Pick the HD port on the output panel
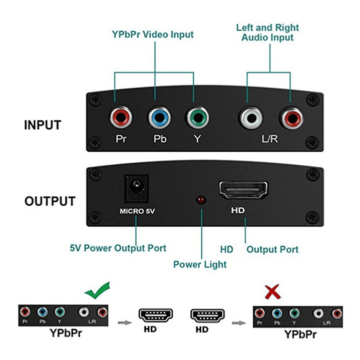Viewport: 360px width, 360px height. pos(243,191)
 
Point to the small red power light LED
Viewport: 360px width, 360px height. pos(201,200)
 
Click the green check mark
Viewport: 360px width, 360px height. pos(97,289)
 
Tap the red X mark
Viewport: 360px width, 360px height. pos(272,291)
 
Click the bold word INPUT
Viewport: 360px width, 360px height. pos(43,125)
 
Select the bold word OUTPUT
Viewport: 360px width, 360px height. pos(50,201)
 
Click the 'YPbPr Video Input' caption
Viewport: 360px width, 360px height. pos(152,35)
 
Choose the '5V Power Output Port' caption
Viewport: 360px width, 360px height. pos(118,248)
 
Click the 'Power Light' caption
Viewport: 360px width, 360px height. pos(200,264)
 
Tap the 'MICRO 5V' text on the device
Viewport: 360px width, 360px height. pos(137,211)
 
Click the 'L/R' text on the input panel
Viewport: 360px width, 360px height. pos(270,139)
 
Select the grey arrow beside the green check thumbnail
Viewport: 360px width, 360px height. pos(123,320)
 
